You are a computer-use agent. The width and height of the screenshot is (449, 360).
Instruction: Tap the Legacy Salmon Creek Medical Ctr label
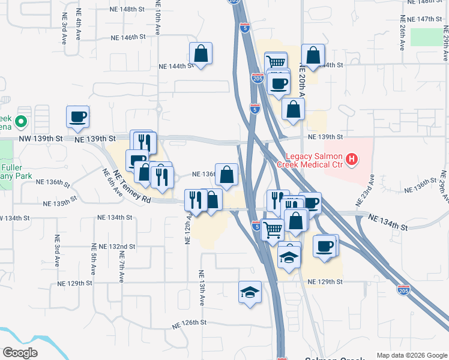(x=311, y=160)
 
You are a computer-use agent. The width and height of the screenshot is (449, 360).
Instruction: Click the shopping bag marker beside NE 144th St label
(x=200, y=54)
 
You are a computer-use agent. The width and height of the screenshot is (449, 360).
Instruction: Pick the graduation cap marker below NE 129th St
(x=250, y=293)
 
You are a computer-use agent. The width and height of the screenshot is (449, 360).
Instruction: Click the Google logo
(x=20, y=353)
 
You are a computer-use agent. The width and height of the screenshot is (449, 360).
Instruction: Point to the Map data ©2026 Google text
(x=412, y=355)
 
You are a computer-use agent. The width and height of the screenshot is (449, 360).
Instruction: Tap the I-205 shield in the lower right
(x=404, y=290)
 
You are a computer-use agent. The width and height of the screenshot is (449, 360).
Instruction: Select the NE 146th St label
(x=128, y=37)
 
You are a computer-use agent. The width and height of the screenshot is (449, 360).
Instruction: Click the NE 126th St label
(x=189, y=322)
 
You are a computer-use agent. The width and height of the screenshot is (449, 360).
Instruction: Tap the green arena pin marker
(x=22, y=122)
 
